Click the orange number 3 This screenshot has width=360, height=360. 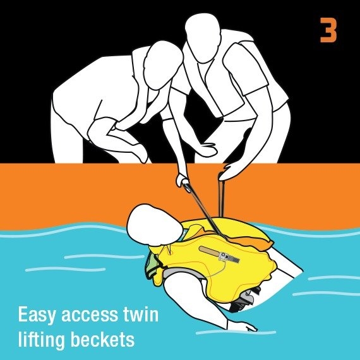(328, 30)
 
